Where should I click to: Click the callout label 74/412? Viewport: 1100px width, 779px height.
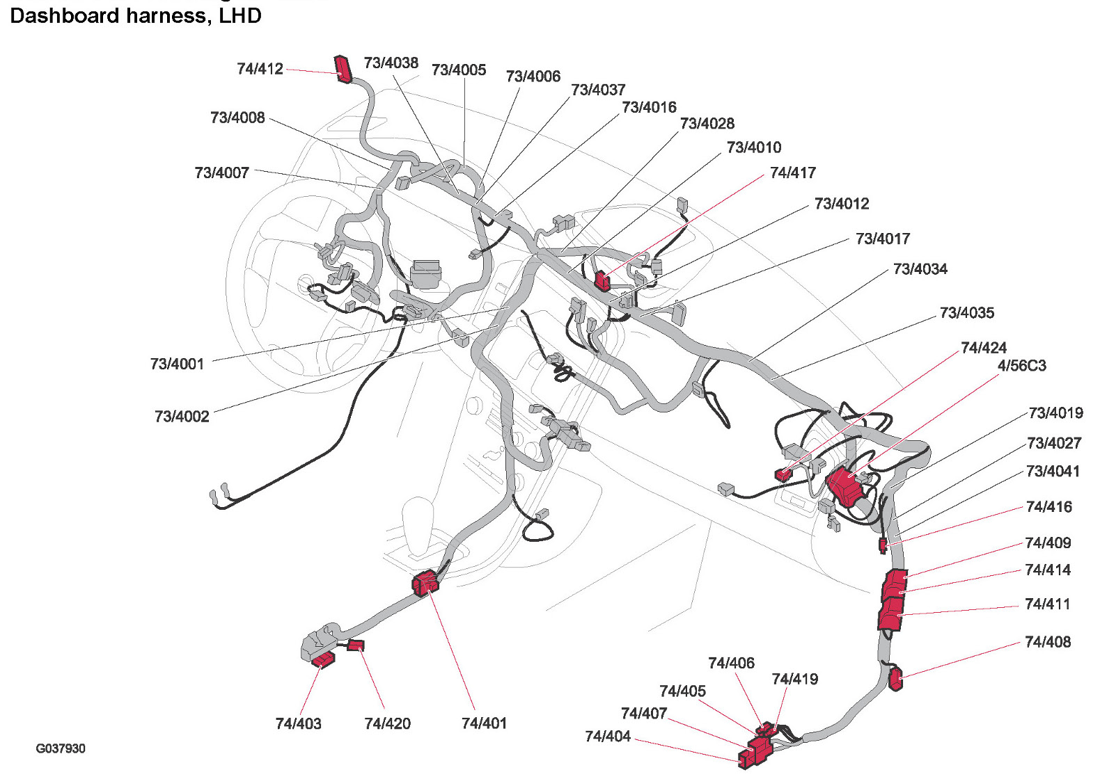[x=260, y=69]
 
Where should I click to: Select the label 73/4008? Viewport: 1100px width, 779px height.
[x=237, y=118]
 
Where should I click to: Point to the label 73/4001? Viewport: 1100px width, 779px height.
[x=177, y=364]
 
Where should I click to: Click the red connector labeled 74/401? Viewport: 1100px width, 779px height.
[x=425, y=583]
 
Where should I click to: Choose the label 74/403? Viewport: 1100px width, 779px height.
[x=298, y=723]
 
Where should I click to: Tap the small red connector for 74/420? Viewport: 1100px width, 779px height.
[x=355, y=645]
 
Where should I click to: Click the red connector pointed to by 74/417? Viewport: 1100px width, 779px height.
[x=602, y=280]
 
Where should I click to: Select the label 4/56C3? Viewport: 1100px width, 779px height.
[x=1021, y=366]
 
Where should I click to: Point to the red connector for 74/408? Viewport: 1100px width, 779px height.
[x=895, y=678]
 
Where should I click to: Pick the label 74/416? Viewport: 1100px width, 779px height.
[x=1048, y=507]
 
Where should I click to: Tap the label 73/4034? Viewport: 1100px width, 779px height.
[x=920, y=269]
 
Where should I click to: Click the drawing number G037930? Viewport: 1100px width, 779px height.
[x=61, y=748]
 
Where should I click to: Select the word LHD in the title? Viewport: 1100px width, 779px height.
[x=240, y=16]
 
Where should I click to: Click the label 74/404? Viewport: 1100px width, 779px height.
[x=608, y=736]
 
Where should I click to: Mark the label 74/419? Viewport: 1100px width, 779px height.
[x=794, y=679]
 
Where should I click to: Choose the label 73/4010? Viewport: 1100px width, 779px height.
[x=753, y=147]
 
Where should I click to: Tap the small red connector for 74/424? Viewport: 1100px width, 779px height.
[x=783, y=475]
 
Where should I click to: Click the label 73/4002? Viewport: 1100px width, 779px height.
[x=182, y=417]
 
